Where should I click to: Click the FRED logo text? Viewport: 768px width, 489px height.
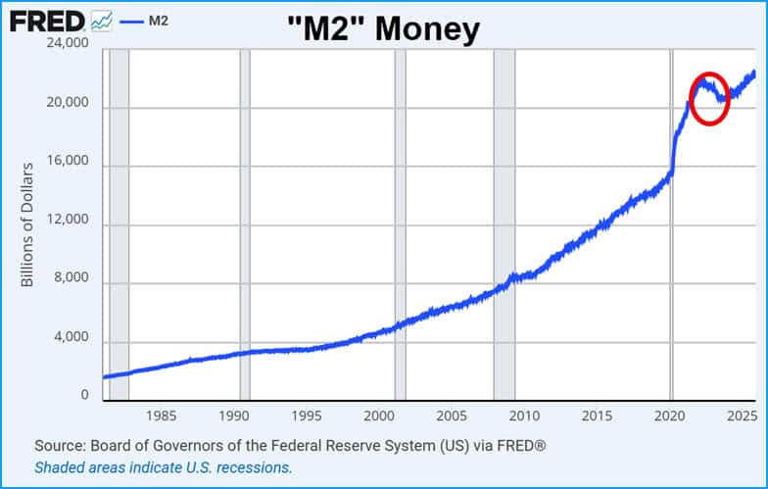[x=46, y=21]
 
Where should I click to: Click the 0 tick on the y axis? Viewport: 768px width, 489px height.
[x=85, y=396]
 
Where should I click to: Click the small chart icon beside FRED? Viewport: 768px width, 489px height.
[x=100, y=21]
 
